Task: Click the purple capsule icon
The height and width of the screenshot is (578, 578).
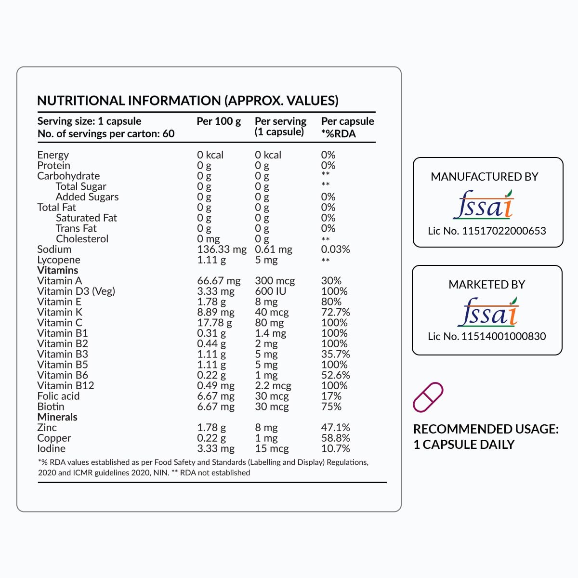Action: click(x=428, y=397)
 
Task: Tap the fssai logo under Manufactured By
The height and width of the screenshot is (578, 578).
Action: click(x=484, y=205)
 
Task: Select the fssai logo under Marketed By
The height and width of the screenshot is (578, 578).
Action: click(x=487, y=312)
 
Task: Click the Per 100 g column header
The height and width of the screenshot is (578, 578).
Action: click(x=219, y=121)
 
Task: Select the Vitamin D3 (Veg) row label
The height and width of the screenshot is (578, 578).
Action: click(x=76, y=291)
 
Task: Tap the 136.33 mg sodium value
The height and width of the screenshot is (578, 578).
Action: click(x=222, y=250)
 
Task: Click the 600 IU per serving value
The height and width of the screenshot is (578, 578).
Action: click(x=270, y=291)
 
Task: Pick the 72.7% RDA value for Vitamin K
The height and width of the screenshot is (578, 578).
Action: click(x=335, y=312)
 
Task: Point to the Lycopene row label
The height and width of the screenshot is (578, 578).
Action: click(x=59, y=260)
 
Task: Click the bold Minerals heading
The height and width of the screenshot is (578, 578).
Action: click(x=57, y=417)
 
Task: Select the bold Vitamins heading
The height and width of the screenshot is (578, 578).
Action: click(x=58, y=270)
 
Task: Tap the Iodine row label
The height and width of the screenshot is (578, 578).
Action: click(x=52, y=448)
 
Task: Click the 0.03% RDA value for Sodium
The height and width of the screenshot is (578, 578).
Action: click(x=335, y=250)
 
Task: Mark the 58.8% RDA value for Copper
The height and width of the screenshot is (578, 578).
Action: click(x=335, y=438)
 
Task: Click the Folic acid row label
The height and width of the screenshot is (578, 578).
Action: click(x=58, y=396)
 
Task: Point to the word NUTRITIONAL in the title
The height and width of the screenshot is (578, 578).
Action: click(x=81, y=101)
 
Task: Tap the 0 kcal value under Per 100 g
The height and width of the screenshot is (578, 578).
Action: click(x=210, y=155)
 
